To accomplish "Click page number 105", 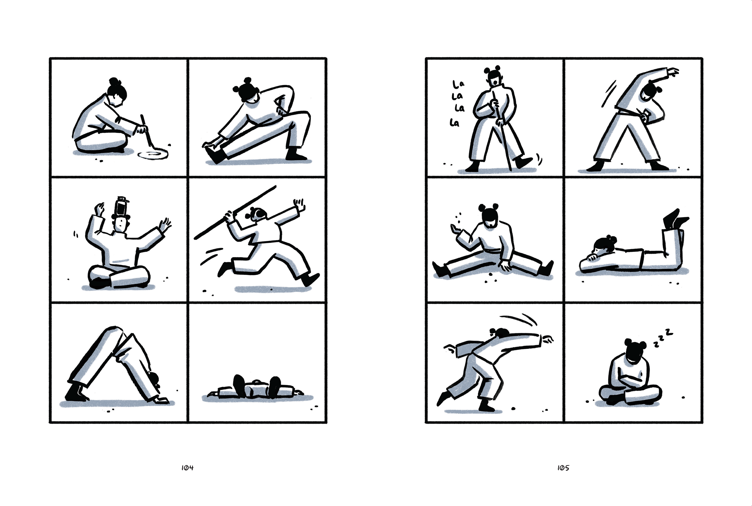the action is tap(563, 468).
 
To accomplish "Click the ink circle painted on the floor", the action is tap(153, 155).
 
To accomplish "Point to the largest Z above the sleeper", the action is tap(669, 331).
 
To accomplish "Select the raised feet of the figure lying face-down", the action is tap(675, 219).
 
